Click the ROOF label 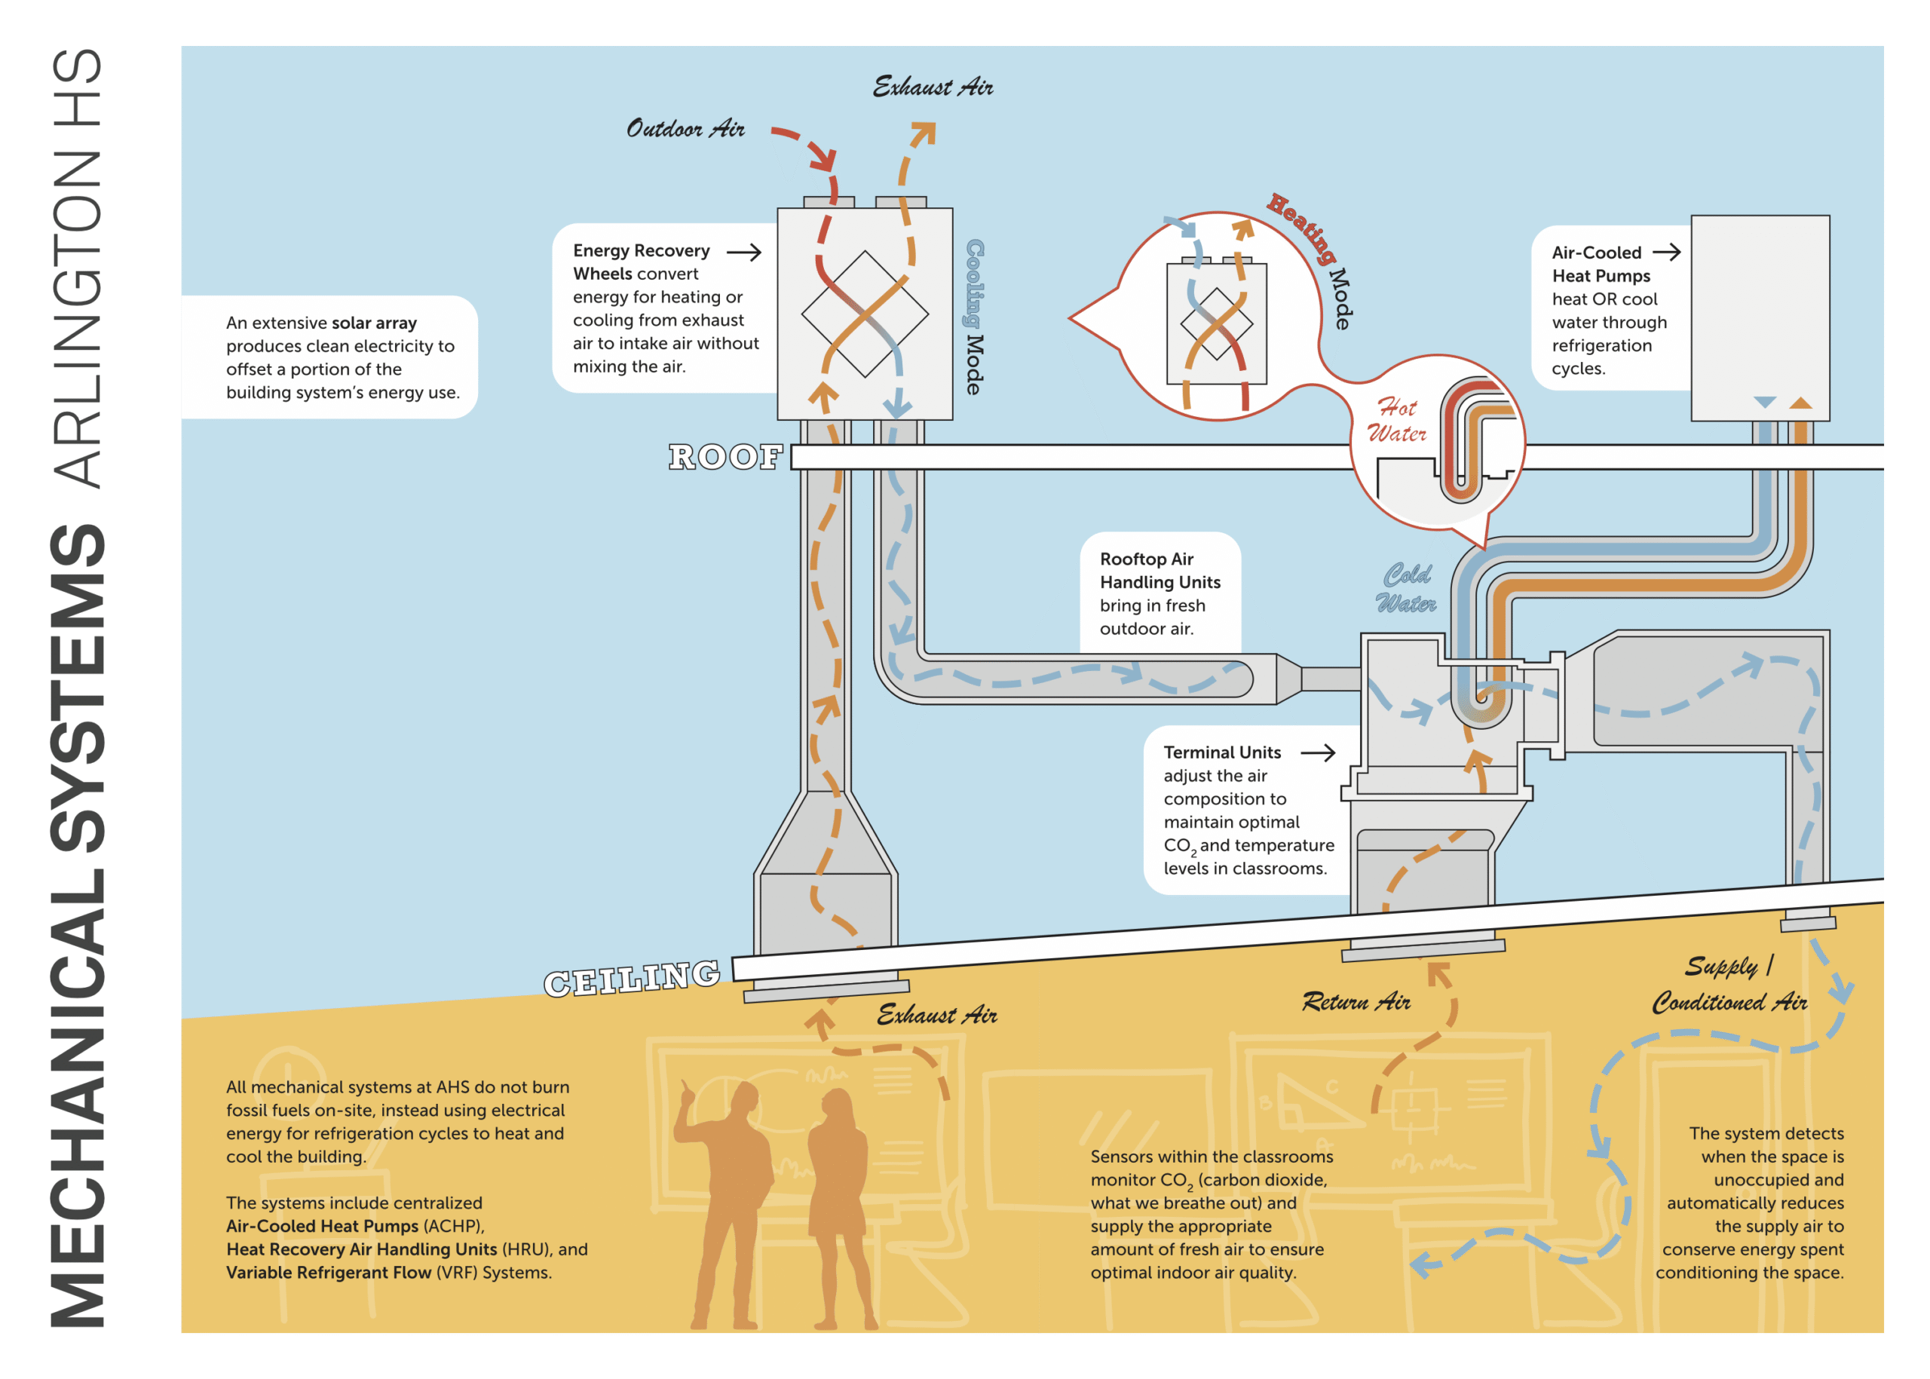click(725, 457)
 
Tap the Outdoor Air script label click(685, 129)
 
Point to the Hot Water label click(1396, 420)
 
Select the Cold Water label click(1406, 588)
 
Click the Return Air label click(1356, 1002)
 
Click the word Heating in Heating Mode click(1300, 228)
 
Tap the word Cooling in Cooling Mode click(975, 283)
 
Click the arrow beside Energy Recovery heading click(744, 252)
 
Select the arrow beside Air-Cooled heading click(1666, 252)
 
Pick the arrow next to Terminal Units click(1318, 752)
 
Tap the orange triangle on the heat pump click(1800, 403)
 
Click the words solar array click(374, 323)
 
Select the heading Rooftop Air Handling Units click(1160, 571)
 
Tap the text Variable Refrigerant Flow click(329, 1272)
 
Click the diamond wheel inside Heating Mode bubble click(1216, 323)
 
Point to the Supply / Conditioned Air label click(1729, 985)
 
